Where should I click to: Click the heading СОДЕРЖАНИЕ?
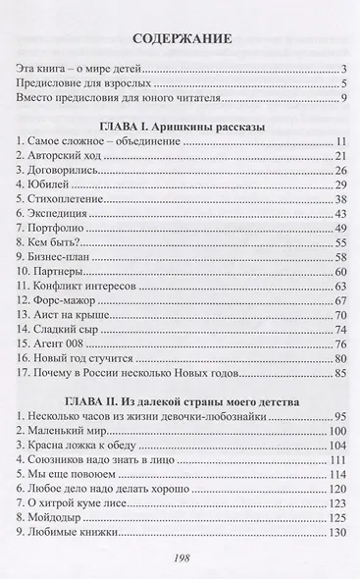point(180,40)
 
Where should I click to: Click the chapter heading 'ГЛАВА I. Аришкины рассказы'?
point(180,127)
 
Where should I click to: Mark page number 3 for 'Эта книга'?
point(342,69)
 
